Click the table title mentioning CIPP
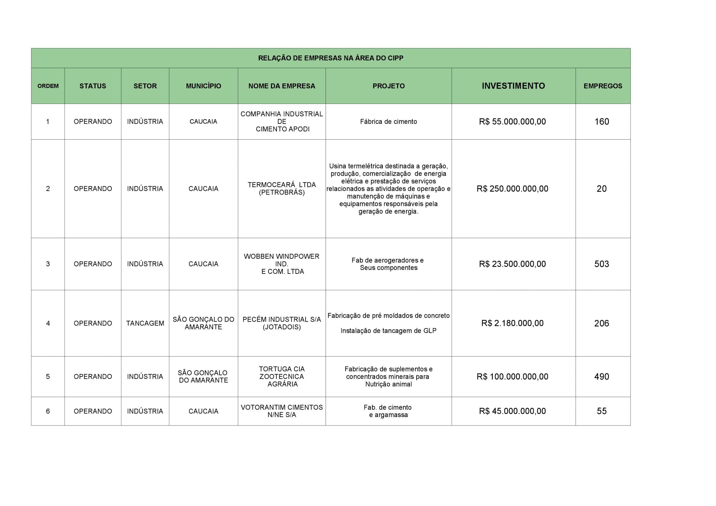pos(331,58)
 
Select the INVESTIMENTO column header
pos(513,86)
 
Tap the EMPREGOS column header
pos(603,86)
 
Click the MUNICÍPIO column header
pos(203,86)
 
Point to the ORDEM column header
pos(48,86)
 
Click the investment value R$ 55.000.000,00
pos(512,121)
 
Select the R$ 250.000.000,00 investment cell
pos(512,189)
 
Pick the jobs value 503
pos(602,264)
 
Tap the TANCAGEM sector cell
pos(145,323)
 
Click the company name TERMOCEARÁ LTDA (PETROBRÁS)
pos(282,189)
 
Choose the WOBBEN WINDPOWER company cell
pos(282,264)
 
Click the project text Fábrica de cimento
pos(388,121)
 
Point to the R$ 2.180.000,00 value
pos(512,323)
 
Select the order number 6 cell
pos(48,411)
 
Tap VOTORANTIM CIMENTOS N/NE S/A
pos(282,411)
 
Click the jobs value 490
pos(602,376)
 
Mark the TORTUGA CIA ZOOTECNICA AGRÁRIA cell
pos(282,376)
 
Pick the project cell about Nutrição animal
pos(388,376)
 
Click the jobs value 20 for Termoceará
pos(602,189)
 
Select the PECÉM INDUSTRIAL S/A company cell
pos(282,323)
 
